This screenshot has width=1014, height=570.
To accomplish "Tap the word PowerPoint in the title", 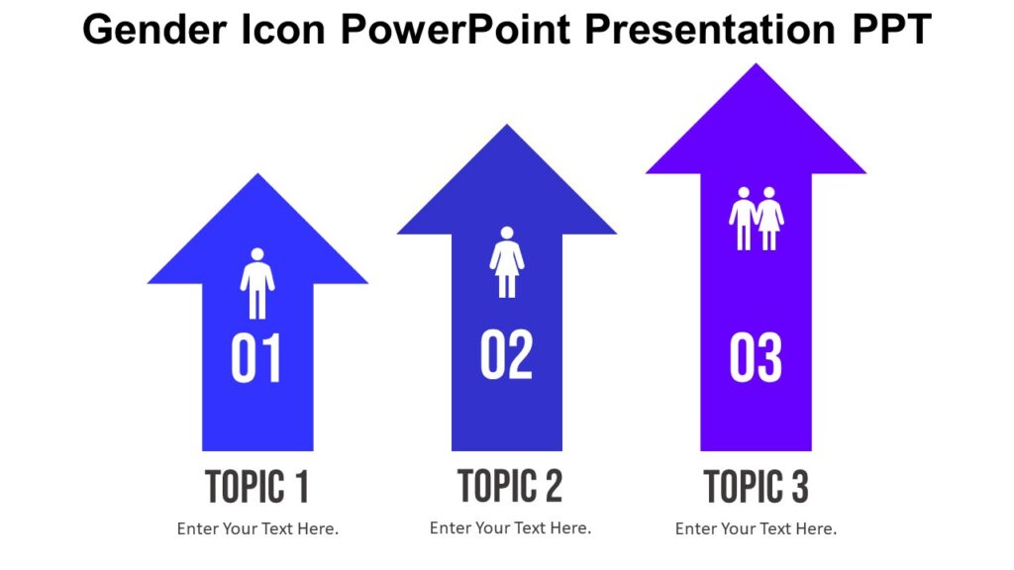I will (456, 31).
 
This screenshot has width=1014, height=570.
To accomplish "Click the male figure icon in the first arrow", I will (257, 283).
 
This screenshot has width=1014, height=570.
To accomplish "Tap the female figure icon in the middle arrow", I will (507, 262).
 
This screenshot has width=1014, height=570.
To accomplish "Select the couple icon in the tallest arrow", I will (757, 218).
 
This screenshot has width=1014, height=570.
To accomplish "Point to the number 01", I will (256, 358).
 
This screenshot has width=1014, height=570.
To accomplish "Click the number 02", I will (506, 354).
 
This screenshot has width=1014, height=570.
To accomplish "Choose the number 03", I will (756, 358).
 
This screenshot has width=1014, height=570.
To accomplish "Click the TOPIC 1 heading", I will (257, 487).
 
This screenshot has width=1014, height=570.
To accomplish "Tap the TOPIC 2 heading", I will (510, 486).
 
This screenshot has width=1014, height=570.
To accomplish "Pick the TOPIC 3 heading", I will (756, 487).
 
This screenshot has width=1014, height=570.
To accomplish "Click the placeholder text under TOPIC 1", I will (257, 528).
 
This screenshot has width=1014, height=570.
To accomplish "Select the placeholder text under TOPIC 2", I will (510, 527).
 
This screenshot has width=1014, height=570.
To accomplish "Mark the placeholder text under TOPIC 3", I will (756, 528).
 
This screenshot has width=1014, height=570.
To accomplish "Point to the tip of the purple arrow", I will (757, 67).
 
